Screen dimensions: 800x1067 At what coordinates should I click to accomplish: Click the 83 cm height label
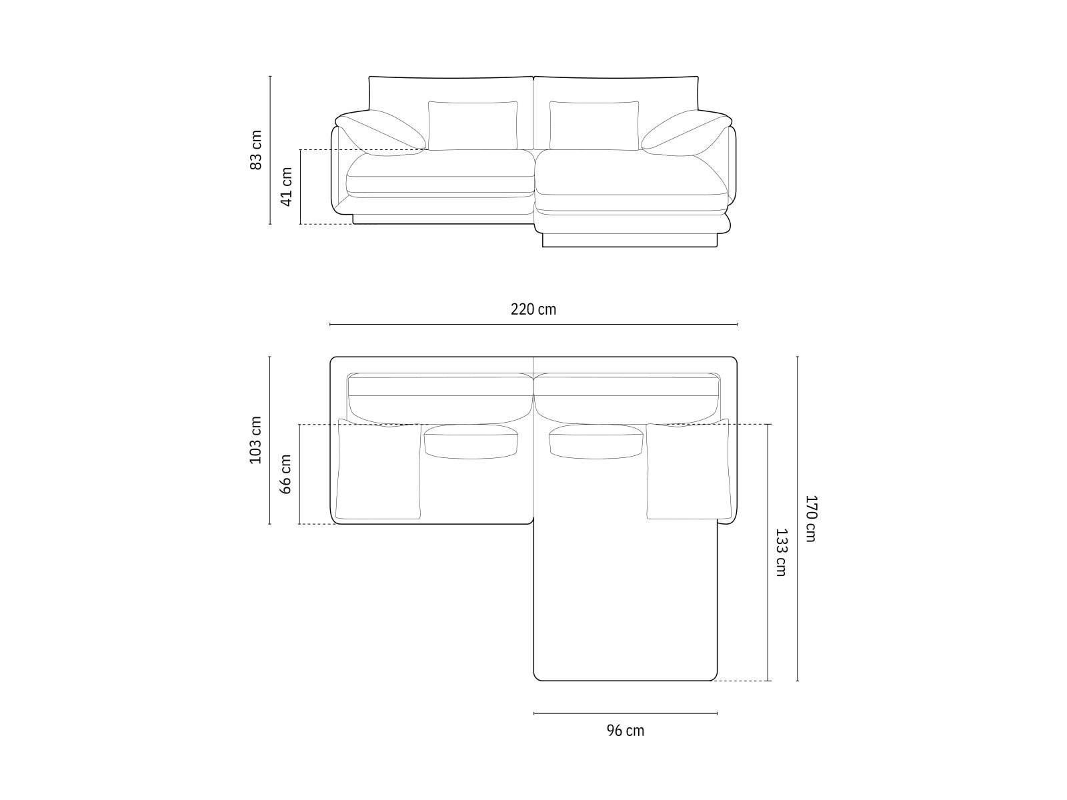click(x=256, y=150)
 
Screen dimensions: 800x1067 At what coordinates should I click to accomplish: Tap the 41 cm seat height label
click(x=287, y=187)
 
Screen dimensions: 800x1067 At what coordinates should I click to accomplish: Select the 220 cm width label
click(x=533, y=309)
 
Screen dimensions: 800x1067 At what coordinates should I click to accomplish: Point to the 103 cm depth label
click(x=256, y=440)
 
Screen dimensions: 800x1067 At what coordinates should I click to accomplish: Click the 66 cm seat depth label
click(x=287, y=474)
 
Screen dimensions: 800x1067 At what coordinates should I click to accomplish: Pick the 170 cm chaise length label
click(x=810, y=518)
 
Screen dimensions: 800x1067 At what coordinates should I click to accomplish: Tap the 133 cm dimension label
click(x=780, y=552)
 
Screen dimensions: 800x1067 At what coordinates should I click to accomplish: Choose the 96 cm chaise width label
click(x=626, y=731)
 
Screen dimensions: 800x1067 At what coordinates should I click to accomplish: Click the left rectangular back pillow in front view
click(x=473, y=125)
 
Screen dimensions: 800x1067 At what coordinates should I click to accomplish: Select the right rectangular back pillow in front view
click(x=594, y=125)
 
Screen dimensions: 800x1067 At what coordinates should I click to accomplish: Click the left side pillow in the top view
click(x=379, y=471)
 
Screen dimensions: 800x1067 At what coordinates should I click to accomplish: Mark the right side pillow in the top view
click(x=688, y=471)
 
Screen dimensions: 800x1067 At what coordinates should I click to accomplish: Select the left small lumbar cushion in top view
click(x=471, y=442)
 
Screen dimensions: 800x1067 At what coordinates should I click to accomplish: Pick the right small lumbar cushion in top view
click(x=596, y=442)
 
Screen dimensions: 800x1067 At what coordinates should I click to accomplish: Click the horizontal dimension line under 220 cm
click(x=533, y=325)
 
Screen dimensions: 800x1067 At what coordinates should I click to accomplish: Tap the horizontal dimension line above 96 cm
click(x=626, y=713)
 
